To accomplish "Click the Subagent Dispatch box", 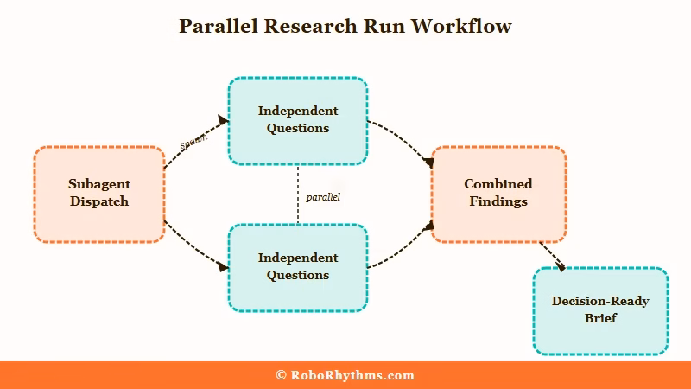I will click(x=98, y=194).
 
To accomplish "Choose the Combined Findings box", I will click(x=498, y=194).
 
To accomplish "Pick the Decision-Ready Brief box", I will click(x=600, y=310).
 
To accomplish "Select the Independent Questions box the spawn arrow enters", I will click(x=298, y=120).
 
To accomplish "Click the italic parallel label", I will click(x=323, y=197).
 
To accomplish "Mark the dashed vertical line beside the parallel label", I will click(x=298, y=194).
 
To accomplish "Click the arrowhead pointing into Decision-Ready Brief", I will click(x=561, y=267).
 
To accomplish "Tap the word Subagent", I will click(x=98, y=184).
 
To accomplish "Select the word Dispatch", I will click(x=98, y=201).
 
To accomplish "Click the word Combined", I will click(x=498, y=184).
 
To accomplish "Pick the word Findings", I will click(x=498, y=201).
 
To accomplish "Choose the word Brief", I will click(x=600, y=319).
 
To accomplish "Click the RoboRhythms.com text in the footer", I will click(x=352, y=375).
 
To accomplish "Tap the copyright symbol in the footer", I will click(x=281, y=375).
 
